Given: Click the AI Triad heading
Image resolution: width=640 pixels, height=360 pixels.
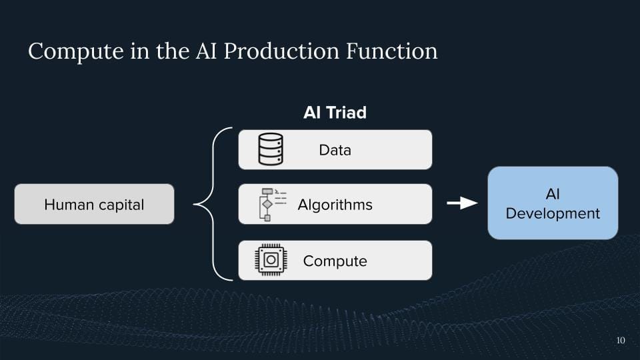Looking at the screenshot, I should (335, 113).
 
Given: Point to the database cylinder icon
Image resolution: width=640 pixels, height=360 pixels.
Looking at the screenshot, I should (271, 149).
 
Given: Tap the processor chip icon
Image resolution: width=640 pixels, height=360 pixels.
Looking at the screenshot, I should (271, 261).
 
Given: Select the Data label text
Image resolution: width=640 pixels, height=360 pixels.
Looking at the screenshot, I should (335, 150).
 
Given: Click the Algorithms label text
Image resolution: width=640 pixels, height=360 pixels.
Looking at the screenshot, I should (335, 205).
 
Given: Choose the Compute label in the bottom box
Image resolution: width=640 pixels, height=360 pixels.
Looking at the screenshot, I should (335, 261).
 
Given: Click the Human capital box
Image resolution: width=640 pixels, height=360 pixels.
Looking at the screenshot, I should (94, 204).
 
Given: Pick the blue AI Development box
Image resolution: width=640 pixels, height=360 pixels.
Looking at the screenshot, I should (553, 203).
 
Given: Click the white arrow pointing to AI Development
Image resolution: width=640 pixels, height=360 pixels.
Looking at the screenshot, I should (462, 203).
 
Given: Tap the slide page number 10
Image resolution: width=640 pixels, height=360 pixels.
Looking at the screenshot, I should (621, 341).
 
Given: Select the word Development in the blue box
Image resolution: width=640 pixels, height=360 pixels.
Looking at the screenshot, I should (553, 214).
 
